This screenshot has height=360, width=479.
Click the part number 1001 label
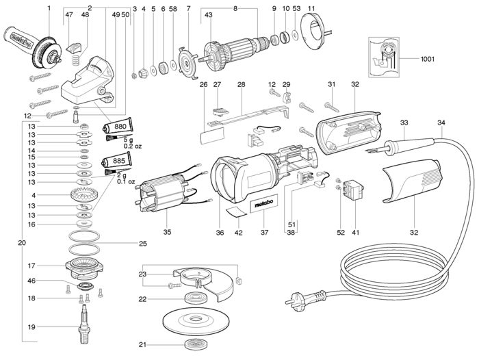[428, 60]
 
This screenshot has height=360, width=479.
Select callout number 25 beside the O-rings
[142, 243]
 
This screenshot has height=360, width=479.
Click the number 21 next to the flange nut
[142, 344]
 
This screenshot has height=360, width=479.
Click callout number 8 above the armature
[235, 8]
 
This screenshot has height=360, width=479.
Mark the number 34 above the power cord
[441, 123]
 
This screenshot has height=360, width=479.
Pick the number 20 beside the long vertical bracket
[22, 243]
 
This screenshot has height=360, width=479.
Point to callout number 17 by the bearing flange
[50, 265]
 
